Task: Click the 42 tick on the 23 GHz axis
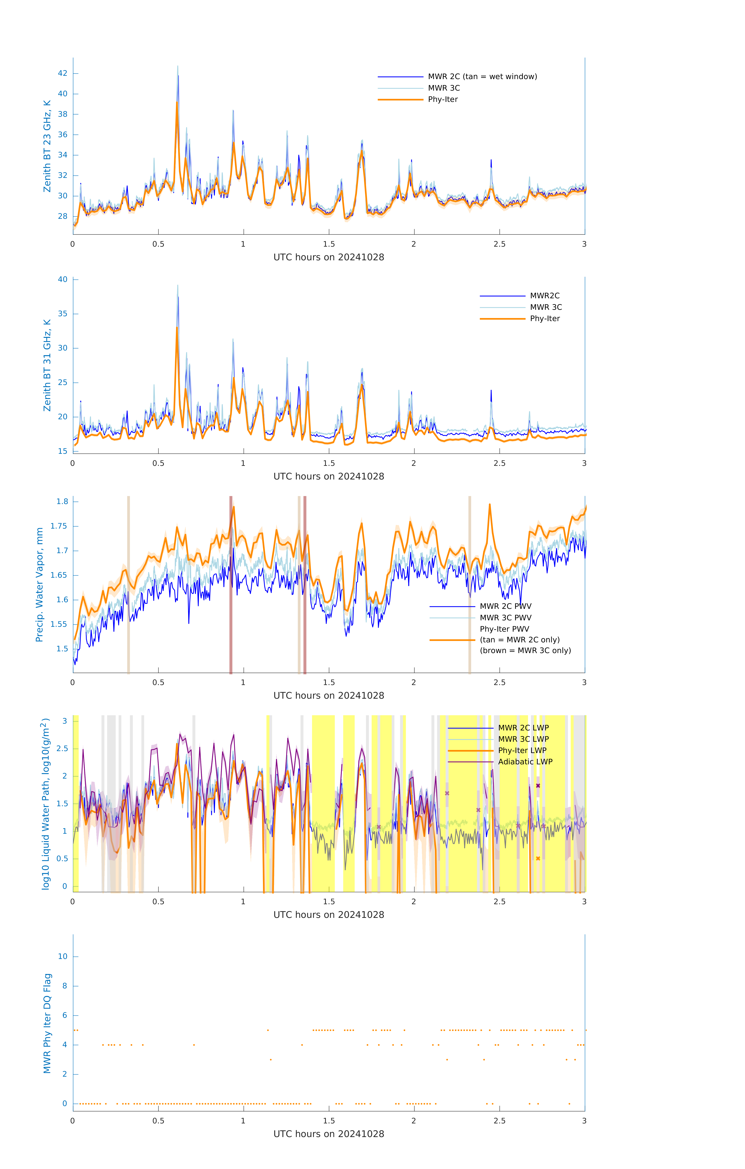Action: (63, 73)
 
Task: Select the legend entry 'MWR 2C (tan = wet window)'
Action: (482, 77)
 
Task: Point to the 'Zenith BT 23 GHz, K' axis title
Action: (47, 146)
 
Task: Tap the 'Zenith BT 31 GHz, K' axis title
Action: (47, 365)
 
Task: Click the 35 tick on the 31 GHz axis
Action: (63, 314)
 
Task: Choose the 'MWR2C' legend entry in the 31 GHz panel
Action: (545, 296)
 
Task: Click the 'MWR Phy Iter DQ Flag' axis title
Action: (47, 1023)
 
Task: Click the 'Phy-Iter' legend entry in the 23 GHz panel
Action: (443, 100)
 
